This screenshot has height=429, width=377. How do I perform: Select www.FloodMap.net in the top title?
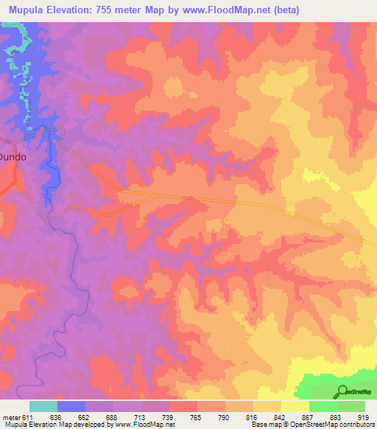pyautogui.click(x=232, y=10)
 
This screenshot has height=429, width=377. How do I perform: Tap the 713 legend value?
pyautogui.click(x=141, y=418)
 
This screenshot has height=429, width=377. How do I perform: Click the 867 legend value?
pyautogui.click(x=310, y=418)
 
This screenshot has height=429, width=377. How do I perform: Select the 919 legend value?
pyautogui.click(x=365, y=418)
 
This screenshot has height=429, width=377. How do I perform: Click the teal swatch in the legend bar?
pyautogui.click(x=43, y=406)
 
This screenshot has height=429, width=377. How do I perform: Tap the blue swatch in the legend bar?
pyautogui.click(x=71, y=406)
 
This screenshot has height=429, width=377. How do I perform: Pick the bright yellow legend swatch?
pyautogui.click(x=295, y=406)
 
